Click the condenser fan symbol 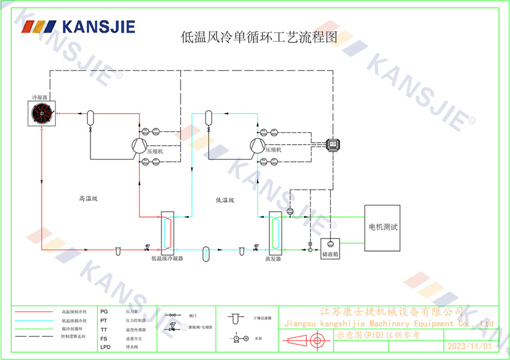(42, 113)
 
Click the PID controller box (333, 144)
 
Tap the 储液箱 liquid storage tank (330, 247)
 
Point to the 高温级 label (88, 199)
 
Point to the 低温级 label (224, 200)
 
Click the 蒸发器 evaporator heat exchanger (276, 232)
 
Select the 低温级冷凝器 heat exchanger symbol (167, 232)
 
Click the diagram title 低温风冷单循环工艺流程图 (259, 37)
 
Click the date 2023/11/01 (469, 346)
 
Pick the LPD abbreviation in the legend (105, 347)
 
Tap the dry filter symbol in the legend (235, 319)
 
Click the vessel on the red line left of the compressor (90, 116)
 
